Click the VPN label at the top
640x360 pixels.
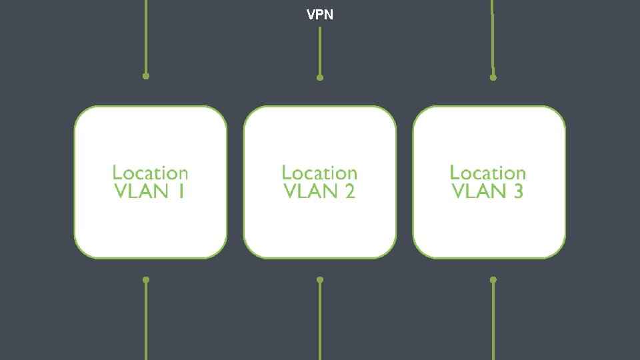(x=320, y=14)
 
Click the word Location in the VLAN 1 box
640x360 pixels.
(x=150, y=173)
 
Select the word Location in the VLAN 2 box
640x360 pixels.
(x=319, y=173)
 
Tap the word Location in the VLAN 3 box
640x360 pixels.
(x=487, y=173)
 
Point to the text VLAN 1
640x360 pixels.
(x=149, y=192)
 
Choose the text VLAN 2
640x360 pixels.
(x=319, y=192)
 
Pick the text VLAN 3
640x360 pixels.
(x=487, y=192)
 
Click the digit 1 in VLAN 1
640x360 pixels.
(x=181, y=192)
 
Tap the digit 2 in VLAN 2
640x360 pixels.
(x=349, y=192)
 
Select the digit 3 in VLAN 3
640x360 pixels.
(x=517, y=192)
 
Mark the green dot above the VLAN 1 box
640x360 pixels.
(x=146, y=76)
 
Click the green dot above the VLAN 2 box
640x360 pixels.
(x=320, y=77)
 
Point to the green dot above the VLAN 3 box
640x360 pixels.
(x=493, y=77)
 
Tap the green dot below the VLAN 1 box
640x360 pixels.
(x=146, y=279)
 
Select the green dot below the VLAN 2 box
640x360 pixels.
(x=320, y=279)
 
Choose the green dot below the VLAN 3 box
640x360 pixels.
(x=493, y=279)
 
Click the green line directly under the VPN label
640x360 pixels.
(x=320, y=50)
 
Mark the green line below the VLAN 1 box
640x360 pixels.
(x=146, y=320)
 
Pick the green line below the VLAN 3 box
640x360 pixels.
(x=493, y=320)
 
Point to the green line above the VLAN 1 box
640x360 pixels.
(x=146, y=37)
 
